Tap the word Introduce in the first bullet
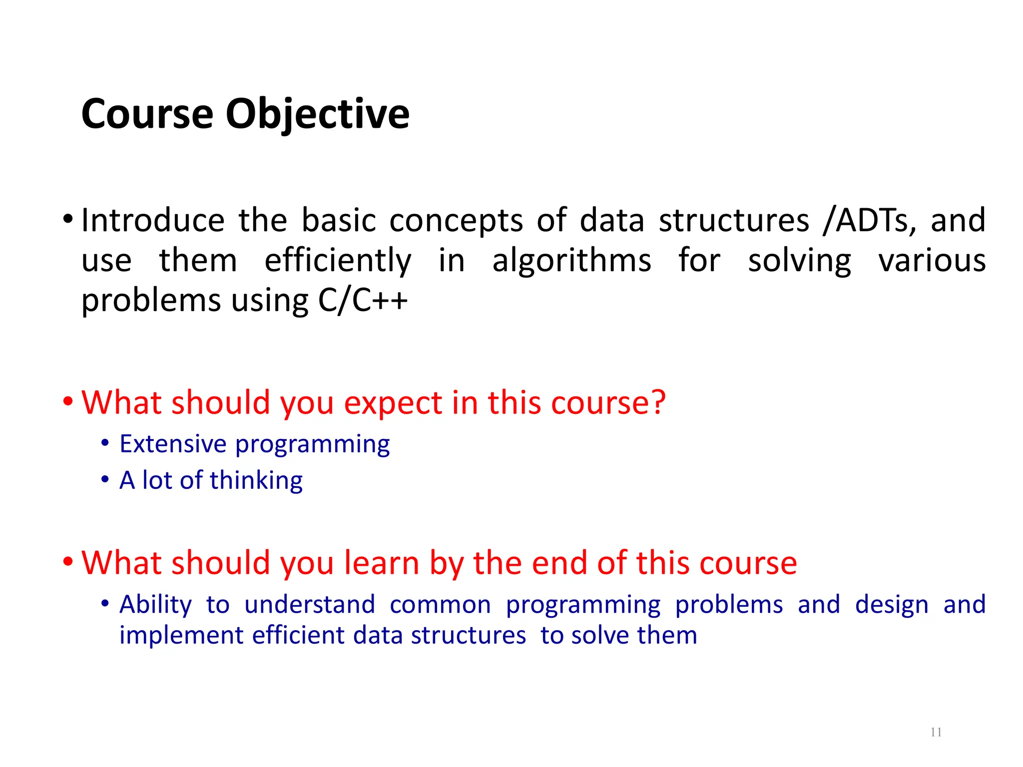pos(153,220)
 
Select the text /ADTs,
pos(870,220)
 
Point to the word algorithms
pos(571,261)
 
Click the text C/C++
pos(363,301)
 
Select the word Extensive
pos(173,444)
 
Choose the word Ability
pos(155,605)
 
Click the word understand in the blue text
pos(309,605)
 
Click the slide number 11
pos(936,733)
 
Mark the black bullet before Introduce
pos(68,219)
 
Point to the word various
pos(932,261)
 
